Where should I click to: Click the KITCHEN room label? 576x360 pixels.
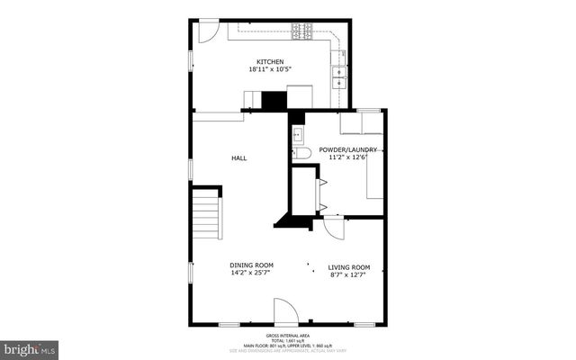270,62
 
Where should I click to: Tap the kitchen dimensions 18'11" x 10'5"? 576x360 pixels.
270,70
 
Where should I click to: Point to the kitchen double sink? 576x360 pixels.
340,77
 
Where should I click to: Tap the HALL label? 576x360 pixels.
238,158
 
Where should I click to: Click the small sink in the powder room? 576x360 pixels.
298,134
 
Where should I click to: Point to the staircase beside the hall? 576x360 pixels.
208,217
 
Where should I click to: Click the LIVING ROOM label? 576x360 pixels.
349,266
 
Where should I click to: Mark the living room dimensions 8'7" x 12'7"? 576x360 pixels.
349,274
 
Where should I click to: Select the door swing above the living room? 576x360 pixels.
334,227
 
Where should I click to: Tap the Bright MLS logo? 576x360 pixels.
30,346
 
